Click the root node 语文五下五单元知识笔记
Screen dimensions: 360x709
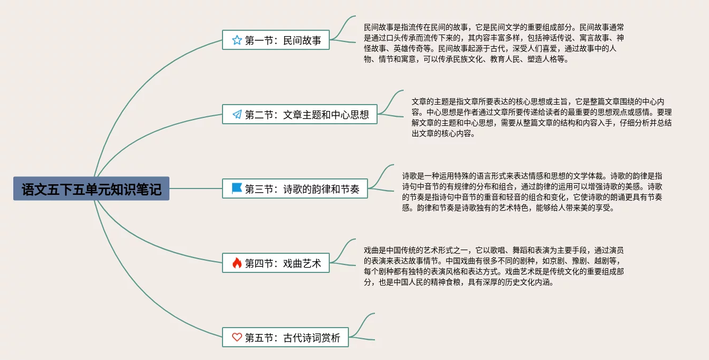91,188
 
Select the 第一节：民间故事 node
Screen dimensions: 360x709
276,40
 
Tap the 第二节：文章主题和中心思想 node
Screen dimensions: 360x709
300,114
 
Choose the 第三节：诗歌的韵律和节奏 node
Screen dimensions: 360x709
295,188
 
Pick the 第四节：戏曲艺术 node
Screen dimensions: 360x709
276,263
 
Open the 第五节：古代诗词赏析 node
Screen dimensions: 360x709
285,337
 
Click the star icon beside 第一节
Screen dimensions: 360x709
237,40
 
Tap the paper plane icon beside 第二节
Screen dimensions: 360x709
237,114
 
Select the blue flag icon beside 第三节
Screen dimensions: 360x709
237,188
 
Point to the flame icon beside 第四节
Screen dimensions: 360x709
237,263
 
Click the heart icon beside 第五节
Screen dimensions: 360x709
237,337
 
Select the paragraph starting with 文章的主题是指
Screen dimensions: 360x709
542,117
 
